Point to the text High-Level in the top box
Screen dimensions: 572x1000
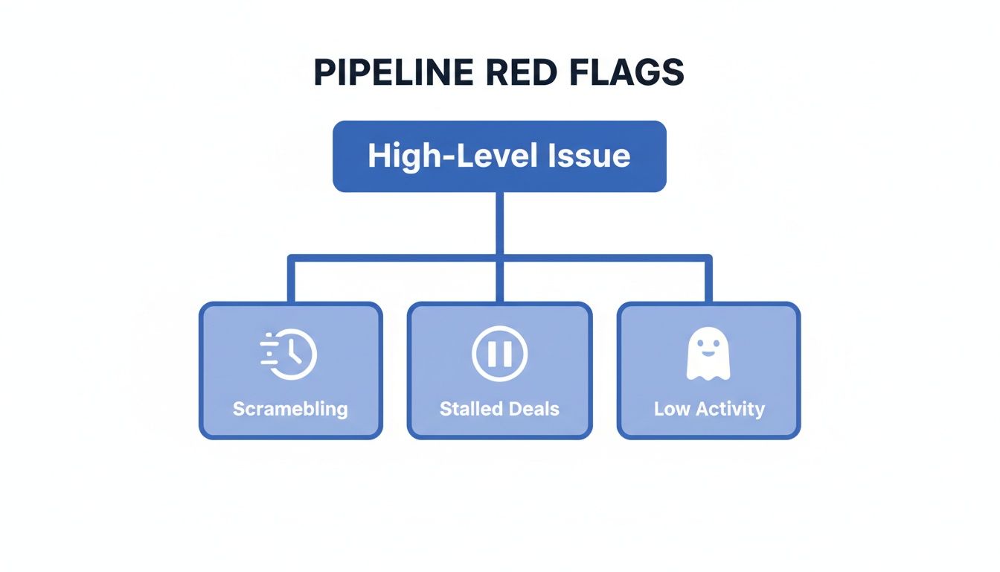coord(458,156)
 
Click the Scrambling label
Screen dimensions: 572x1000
coord(290,409)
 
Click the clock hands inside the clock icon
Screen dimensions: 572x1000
coord(295,353)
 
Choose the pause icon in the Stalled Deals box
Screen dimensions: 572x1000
coord(499,354)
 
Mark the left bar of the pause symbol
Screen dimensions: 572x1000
coord(492,354)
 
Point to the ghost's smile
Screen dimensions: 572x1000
coord(708,351)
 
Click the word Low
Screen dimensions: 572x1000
coord(672,409)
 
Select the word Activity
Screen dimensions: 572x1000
coord(729,409)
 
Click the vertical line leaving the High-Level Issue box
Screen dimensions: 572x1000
coord(499,223)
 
